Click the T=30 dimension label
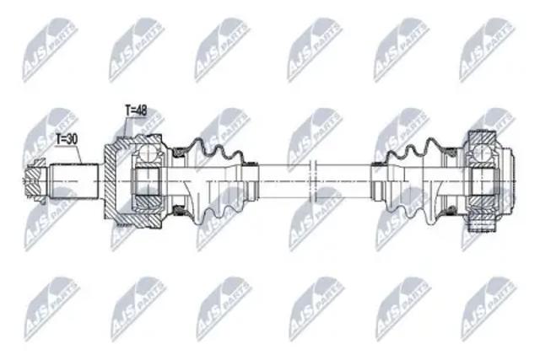(x=67, y=139)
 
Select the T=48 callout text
(x=136, y=110)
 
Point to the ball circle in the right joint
(x=482, y=152)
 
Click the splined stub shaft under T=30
(x=73, y=180)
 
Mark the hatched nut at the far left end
(x=35, y=180)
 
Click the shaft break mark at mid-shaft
(x=313, y=180)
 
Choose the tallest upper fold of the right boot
(x=431, y=143)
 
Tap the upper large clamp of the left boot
(x=179, y=152)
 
